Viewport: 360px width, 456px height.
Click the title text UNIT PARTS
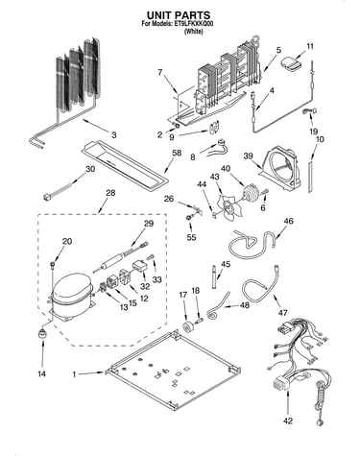pos(179,15)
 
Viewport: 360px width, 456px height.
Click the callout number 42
pos(288,420)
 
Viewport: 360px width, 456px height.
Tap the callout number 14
pos(42,373)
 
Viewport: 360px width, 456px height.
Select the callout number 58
pos(177,153)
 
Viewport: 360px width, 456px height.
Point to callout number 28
pos(110,193)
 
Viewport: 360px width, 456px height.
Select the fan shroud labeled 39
pos(281,167)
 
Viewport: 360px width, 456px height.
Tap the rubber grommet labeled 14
pos(41,334)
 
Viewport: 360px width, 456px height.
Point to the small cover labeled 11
pos(292,63)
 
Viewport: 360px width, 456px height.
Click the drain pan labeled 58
pos(125,164)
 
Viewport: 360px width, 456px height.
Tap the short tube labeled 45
pos(213,276)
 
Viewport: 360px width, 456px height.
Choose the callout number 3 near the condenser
pos(114,135)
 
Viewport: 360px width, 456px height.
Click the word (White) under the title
pos(193,32)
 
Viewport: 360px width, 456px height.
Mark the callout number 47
pos(283,313)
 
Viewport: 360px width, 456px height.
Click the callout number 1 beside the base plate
pos(75,373)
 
